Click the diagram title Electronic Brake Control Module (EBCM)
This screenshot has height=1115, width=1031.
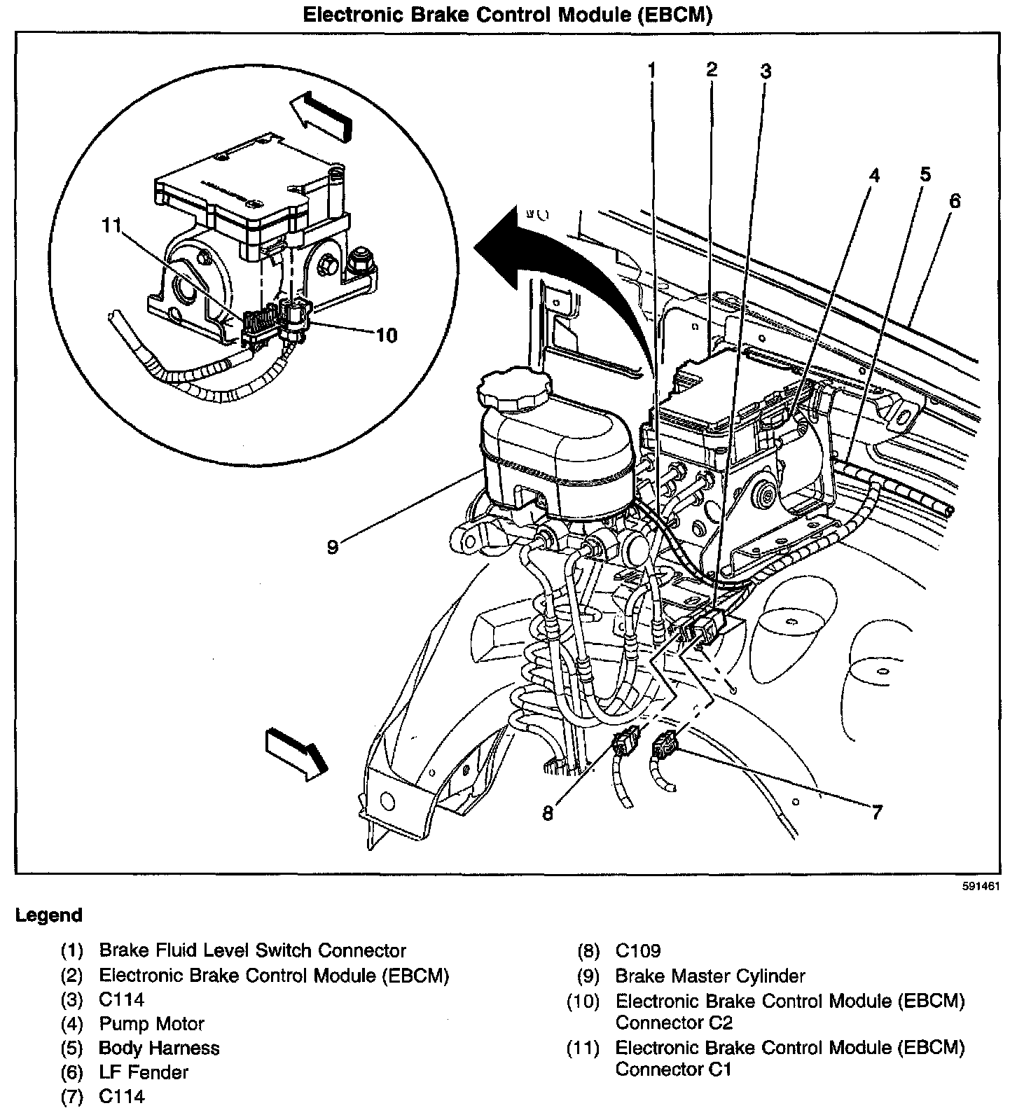pos(507,15)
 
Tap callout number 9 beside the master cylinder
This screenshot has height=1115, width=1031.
pos(333,546)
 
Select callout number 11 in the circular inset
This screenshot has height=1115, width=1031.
pos(111,226)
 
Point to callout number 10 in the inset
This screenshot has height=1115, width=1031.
pos(386,335)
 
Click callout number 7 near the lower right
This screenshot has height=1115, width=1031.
pos(876,812)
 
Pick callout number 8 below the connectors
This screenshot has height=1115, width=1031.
pos(548,813)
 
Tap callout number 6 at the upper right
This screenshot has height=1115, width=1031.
pos(955,201)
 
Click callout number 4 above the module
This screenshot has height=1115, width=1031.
pos(873,176)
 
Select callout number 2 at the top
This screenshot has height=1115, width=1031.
pos(712,69)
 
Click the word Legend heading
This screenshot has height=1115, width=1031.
pos(49,915)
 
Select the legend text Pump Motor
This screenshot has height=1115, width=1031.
pos(151,1024)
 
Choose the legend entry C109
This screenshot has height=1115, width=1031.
pos(638,950)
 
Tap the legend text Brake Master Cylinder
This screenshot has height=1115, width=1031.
pos(710,976)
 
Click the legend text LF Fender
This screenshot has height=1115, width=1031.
pos(144,1072)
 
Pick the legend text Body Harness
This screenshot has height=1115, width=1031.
pos(159,1048)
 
